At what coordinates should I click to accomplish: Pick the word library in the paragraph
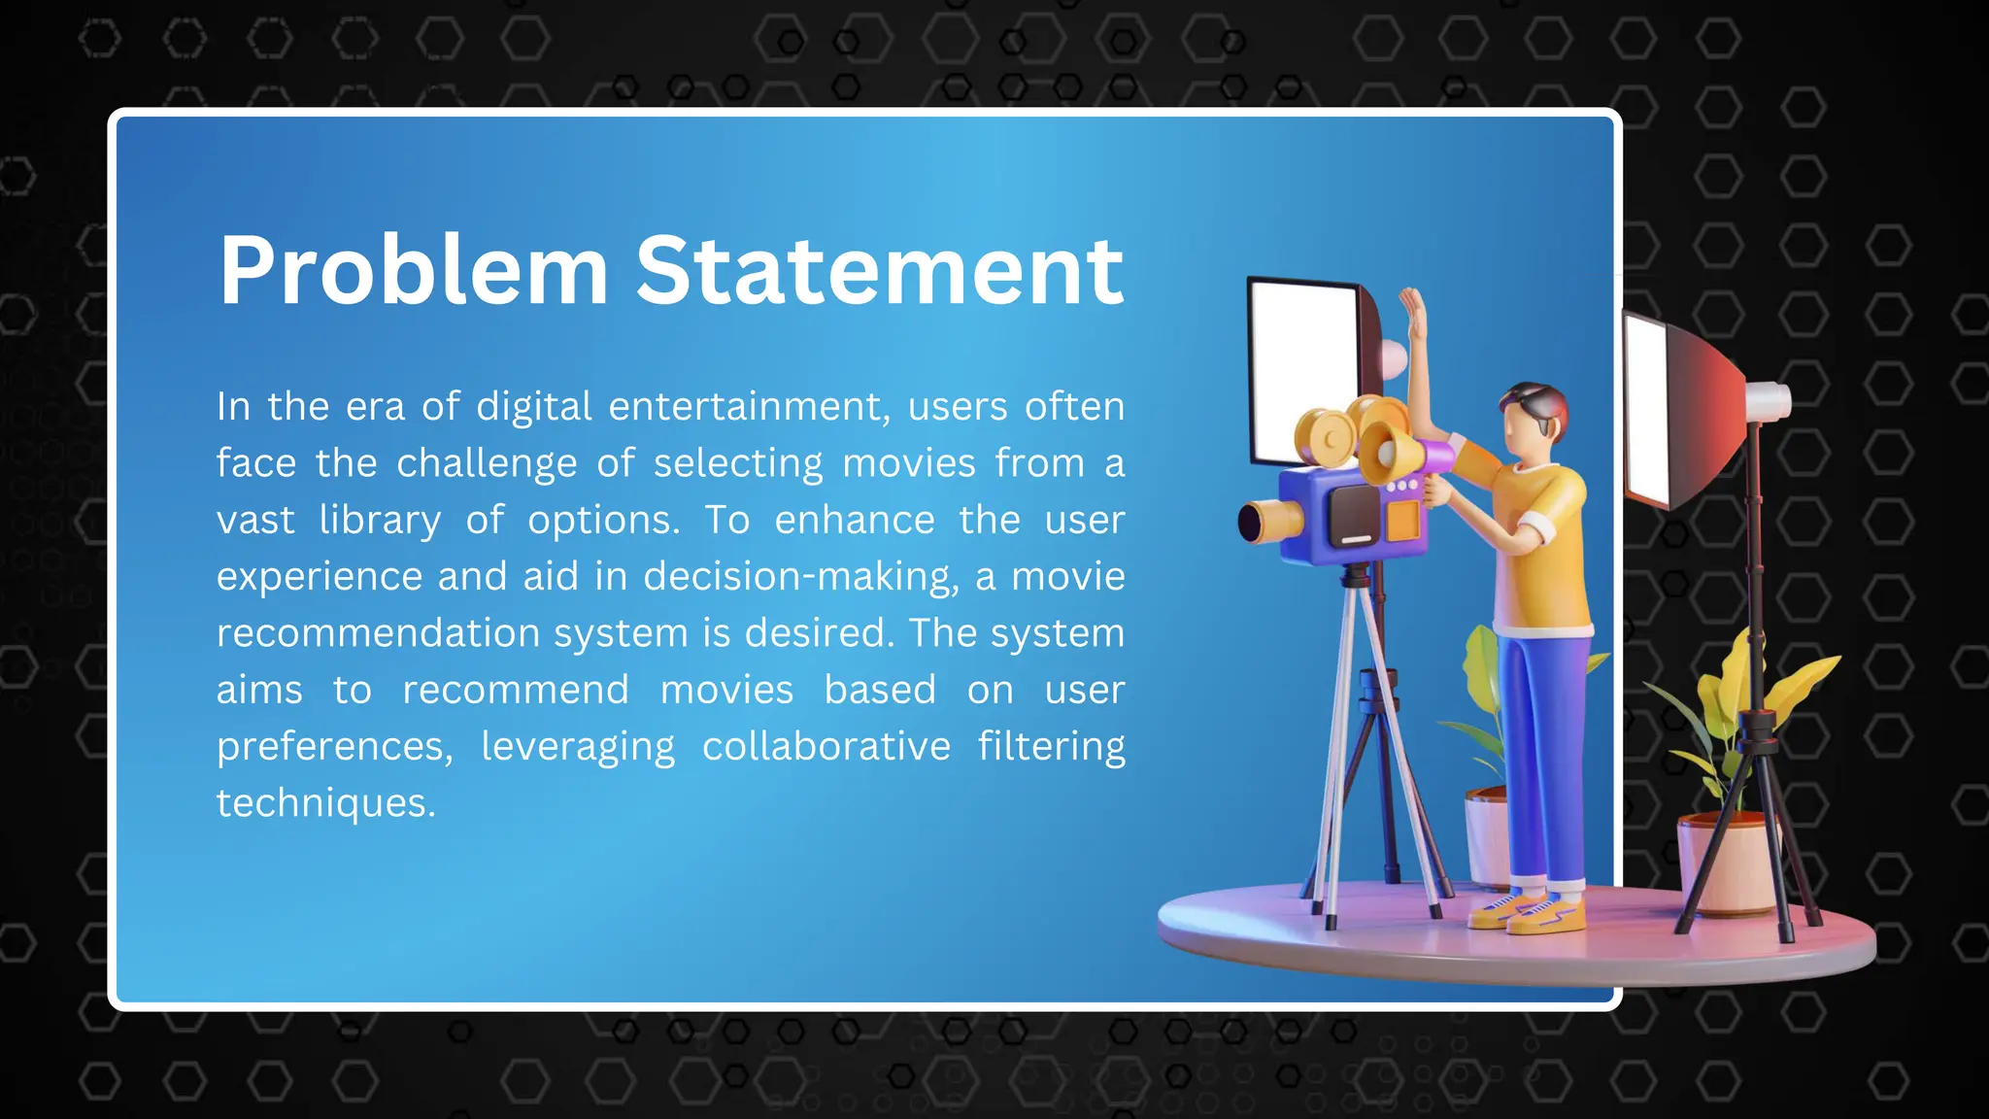[380, 520]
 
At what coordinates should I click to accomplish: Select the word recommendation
[378, 633]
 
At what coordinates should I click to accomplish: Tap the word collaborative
[826, 746]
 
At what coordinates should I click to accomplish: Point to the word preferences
[334, 746]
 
